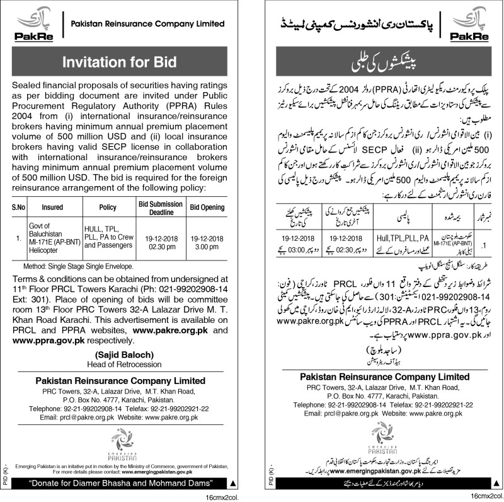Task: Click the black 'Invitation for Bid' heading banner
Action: (x=122, y=62)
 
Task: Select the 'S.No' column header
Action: (x=18, y=207)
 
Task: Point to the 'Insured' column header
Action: (x=52, y=207)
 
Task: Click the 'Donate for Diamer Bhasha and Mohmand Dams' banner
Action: (x=122, y=482)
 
